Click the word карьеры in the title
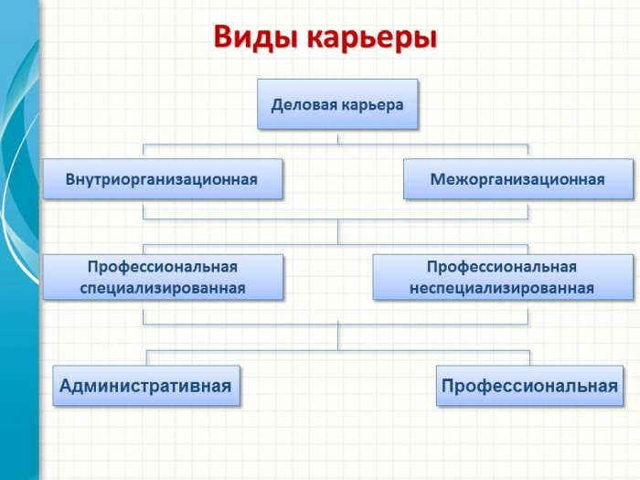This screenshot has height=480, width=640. click(x=371, y=38)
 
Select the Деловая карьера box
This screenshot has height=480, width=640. click(x=337, y=104)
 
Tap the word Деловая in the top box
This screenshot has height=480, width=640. click(x=304, y=105)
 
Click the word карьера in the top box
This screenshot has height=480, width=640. click(x=372, y=106)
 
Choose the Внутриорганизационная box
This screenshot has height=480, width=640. click(x=163, y=179)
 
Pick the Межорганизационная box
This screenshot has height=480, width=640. click(x=518, y=179)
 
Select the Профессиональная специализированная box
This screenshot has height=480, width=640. click(x=163, y=277)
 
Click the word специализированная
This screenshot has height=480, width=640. click(x=163, y=288)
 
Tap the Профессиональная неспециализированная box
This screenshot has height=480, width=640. click(x=503, y=277)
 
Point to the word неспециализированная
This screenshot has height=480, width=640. click(x=502, y=288)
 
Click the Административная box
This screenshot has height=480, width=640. click(x=146, y=385)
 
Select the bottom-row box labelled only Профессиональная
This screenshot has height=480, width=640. click(x=529, y=385)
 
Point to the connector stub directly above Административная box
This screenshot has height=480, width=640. click(x=146, y=357)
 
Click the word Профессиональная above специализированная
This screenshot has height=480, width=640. click(x=163, y=267)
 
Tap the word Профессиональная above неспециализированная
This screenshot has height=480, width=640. click(x=502, y=267)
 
